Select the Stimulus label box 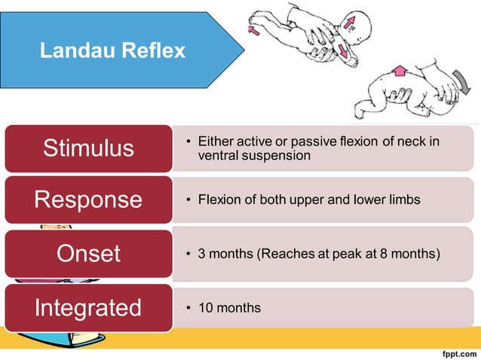click(88, 148)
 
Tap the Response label click(88, 200)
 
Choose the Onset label click(88, 253)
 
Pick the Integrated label click(88, 307)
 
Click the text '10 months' click(229, 307)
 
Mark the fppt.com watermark click(455, 352)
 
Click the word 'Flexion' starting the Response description click(219, 200)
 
